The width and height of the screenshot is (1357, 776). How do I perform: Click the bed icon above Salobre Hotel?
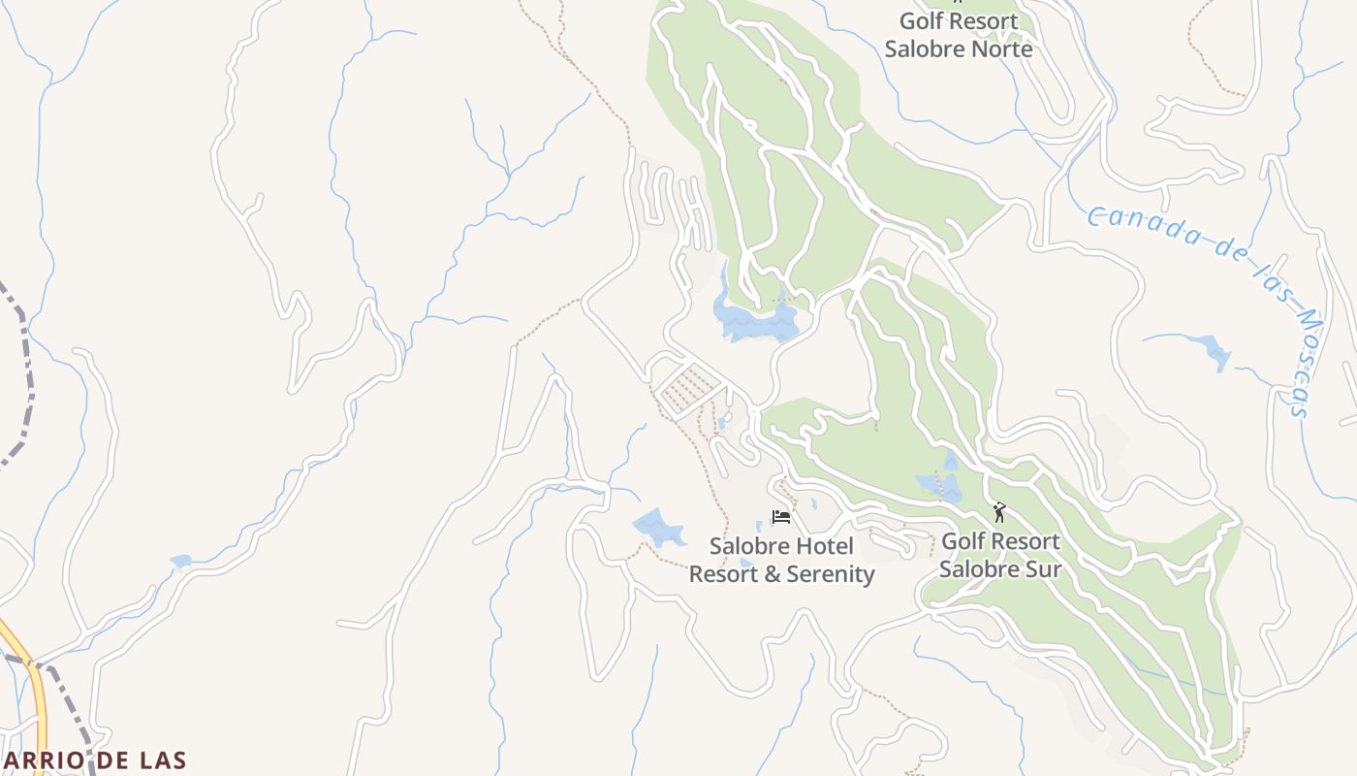pyautogui.click(x=780, y=517)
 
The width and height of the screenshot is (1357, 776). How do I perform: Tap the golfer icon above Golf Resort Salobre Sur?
pyautogui.click(x=999, y=512)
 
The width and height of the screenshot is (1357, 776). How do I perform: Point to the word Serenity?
pyautogui.click(x=830, y=574)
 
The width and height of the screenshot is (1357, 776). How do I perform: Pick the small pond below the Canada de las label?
pyautogui.click(x=1212, y=351)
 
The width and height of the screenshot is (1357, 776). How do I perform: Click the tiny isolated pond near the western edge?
pyautogui.click(x=180, y=561)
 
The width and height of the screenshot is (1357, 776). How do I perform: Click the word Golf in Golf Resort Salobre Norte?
pyautogui.click(x=922, y=21)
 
